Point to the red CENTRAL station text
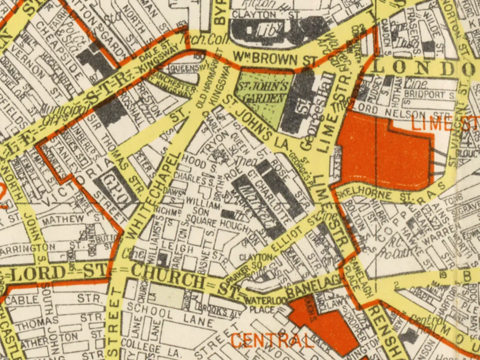pos(272,341)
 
